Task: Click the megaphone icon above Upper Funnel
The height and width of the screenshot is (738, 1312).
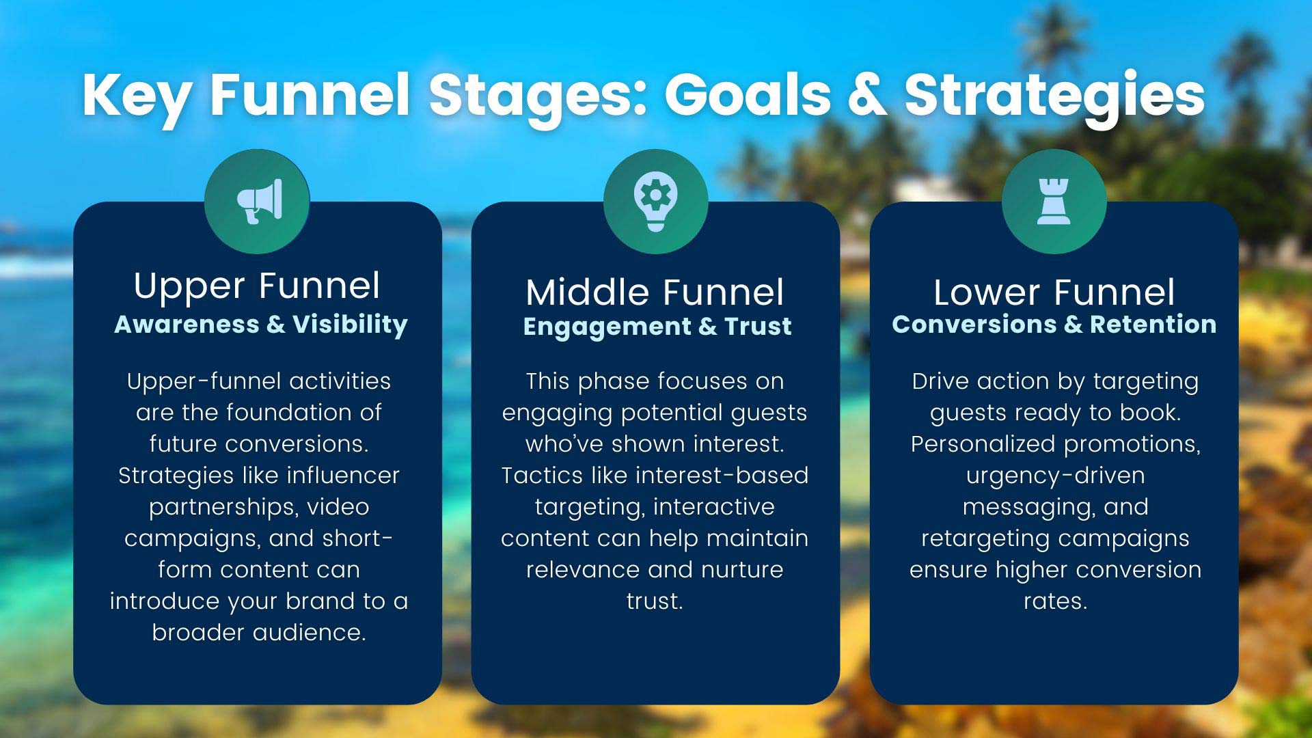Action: click(258, 201)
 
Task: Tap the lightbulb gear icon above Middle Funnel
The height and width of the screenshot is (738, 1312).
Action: click(655, 201)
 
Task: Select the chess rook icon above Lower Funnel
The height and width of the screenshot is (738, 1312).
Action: click(1054, 201)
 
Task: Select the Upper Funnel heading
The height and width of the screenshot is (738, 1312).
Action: click(257, 286)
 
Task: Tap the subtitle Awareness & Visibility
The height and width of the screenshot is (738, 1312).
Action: click(260, 324)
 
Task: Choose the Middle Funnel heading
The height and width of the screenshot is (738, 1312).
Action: click(655, 292)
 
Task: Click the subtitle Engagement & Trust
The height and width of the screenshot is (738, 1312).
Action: click(657, 327)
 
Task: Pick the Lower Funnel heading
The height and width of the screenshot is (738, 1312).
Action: click(1054, 292)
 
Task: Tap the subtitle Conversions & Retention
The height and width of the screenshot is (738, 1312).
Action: click(1054, 324)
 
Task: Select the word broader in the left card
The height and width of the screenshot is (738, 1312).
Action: click(199, 632)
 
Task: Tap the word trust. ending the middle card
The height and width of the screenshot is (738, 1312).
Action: click(655, 601)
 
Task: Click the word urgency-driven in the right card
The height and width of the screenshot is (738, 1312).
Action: click(1054, 475)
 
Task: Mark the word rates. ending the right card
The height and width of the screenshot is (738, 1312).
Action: click(1054, 601)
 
